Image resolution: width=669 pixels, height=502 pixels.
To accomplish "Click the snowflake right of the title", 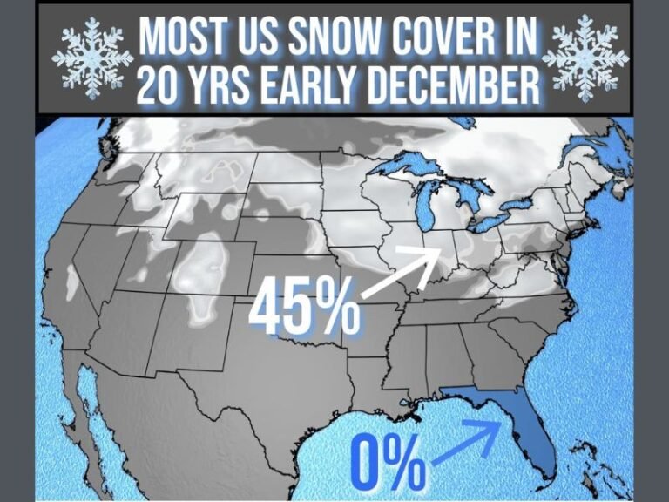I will click(585, 58).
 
